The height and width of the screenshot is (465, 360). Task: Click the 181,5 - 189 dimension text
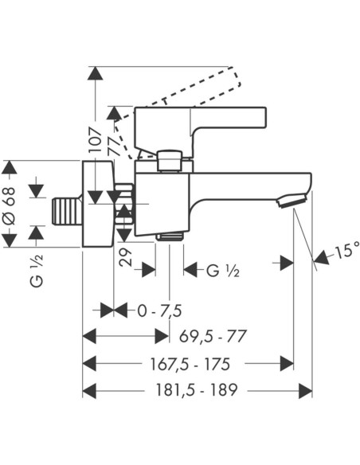point(197,390)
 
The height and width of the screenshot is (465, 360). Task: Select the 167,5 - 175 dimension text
point(190,364)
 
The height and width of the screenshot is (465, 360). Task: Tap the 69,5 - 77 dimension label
point(213,336)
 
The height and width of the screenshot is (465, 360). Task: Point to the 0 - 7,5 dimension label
point(159,311)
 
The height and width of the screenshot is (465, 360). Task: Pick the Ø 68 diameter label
point(9,205)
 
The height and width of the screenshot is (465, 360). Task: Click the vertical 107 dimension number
point(96,140)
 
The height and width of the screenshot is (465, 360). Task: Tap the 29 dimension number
point(125,257)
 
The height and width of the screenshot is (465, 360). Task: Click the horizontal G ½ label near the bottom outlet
point(222,270)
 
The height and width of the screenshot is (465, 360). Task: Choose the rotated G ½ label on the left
point(37,270)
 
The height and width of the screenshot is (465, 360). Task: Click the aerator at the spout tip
point(292,201)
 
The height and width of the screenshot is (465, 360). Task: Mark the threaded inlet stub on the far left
point(68,212)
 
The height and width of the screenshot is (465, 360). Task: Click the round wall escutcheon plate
point(98,204)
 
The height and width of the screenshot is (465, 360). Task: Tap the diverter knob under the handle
point(170,161)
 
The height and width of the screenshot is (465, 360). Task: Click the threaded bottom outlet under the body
point(170,236)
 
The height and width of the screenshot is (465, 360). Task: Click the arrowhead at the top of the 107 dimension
point(96,73)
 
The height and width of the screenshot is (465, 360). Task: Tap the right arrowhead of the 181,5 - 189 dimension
point(305,391)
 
